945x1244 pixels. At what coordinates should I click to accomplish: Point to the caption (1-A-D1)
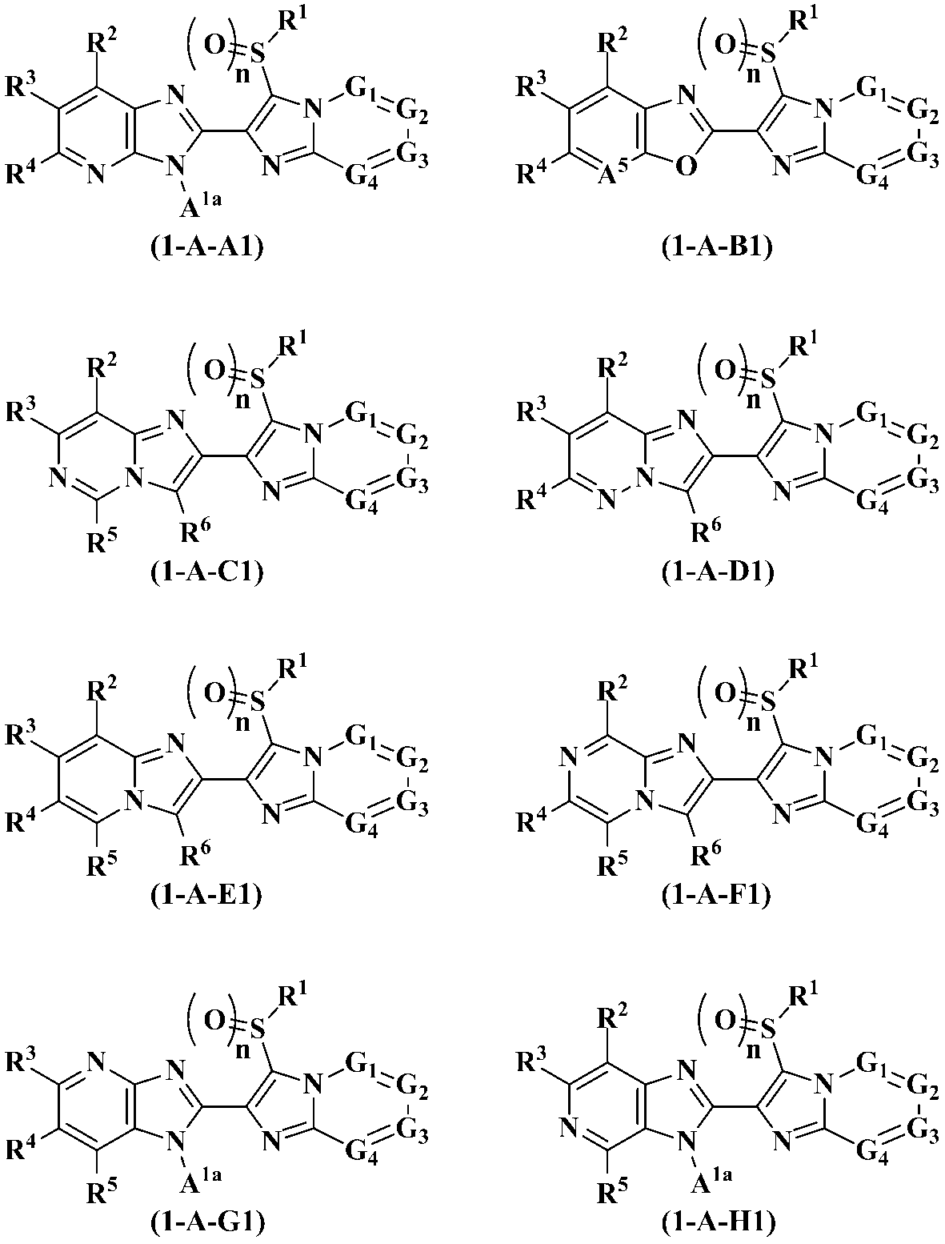(718, 573)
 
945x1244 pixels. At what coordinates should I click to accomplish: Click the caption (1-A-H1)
(718, 1222)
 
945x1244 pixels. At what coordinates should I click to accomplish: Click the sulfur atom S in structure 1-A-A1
(256, 54)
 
